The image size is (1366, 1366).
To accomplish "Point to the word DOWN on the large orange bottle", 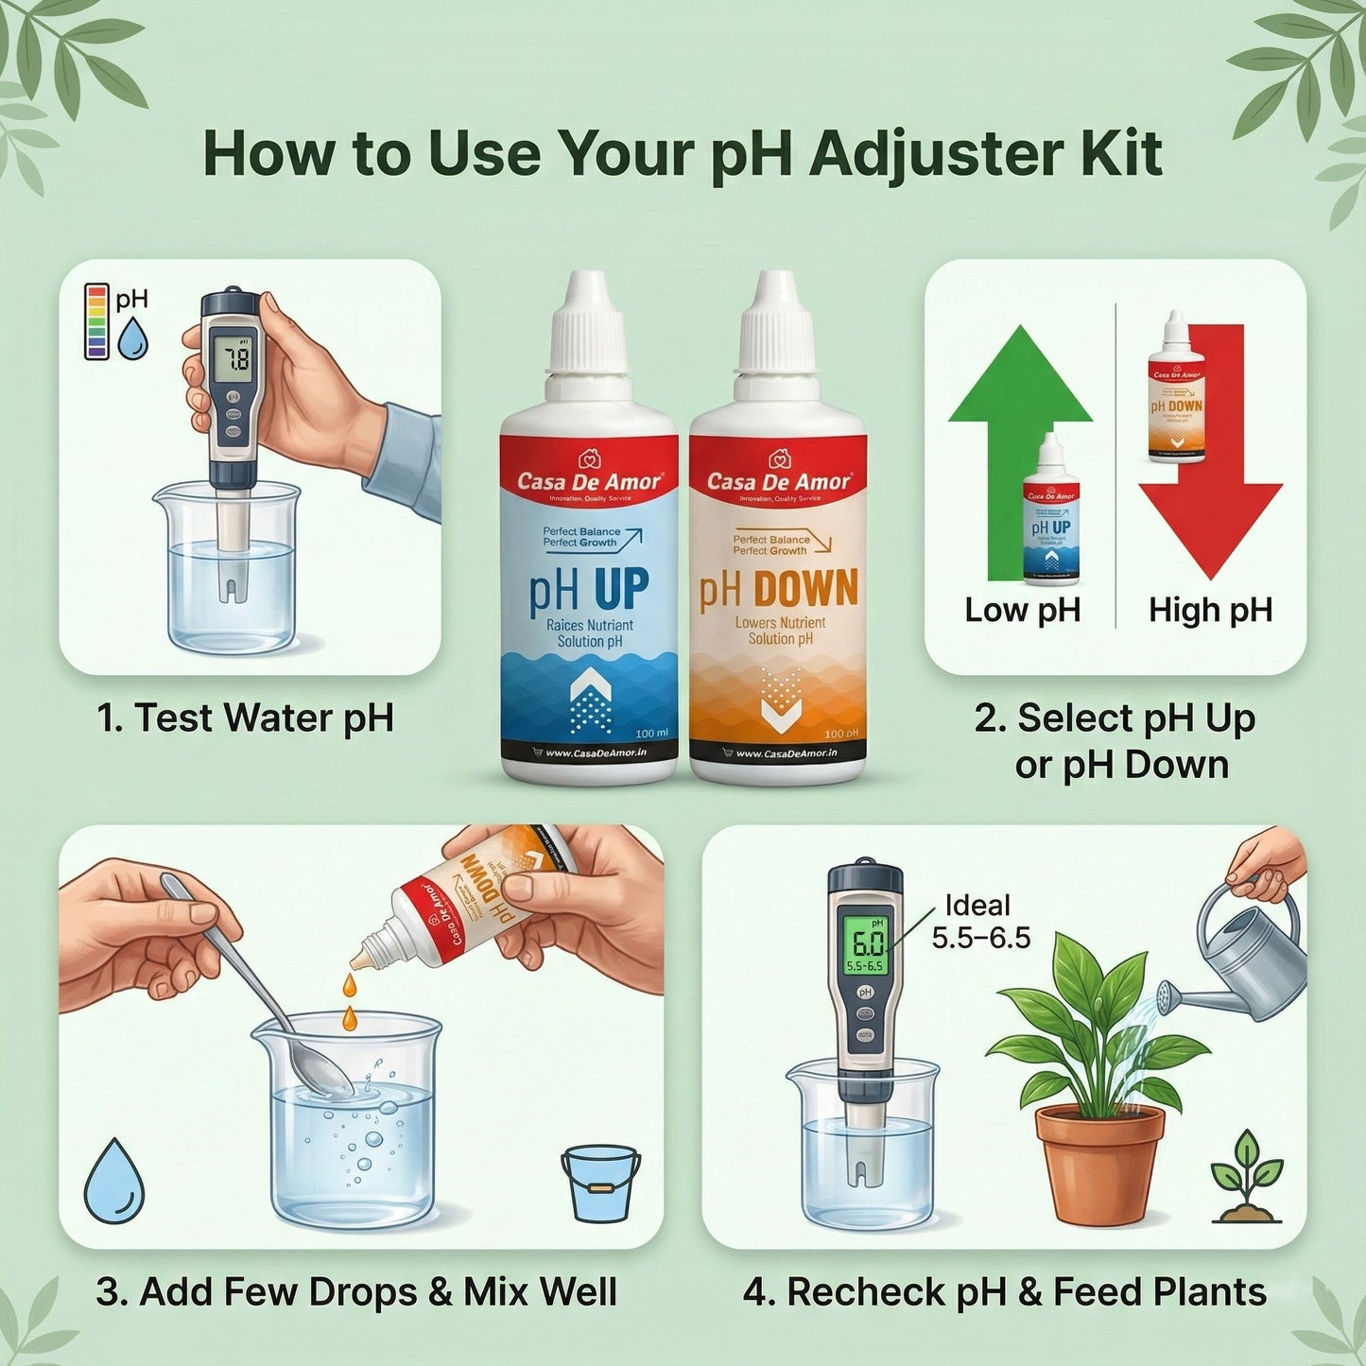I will pos(806,588).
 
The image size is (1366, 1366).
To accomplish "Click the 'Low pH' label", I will pos(1022,610).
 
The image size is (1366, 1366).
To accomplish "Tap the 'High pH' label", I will pos(1210,610).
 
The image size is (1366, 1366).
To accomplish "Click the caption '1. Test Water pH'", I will pos(245,718).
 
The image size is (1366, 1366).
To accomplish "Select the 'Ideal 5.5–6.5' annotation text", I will pos(980,922).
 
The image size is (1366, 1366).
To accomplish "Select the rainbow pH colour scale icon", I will pos(95,321).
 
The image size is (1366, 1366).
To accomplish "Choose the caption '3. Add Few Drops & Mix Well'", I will pos(356,1292).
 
